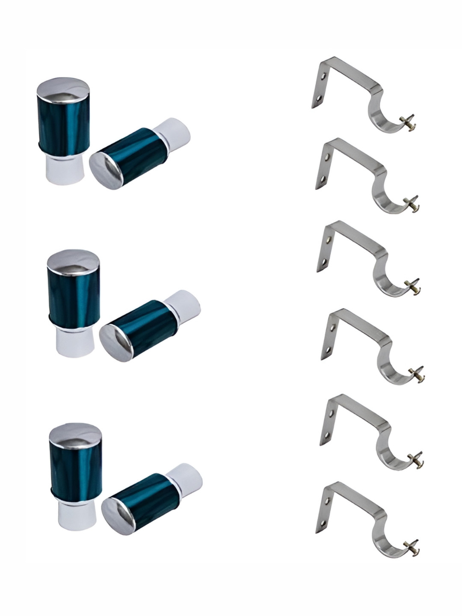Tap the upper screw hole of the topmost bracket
click(x=324, y=77)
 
